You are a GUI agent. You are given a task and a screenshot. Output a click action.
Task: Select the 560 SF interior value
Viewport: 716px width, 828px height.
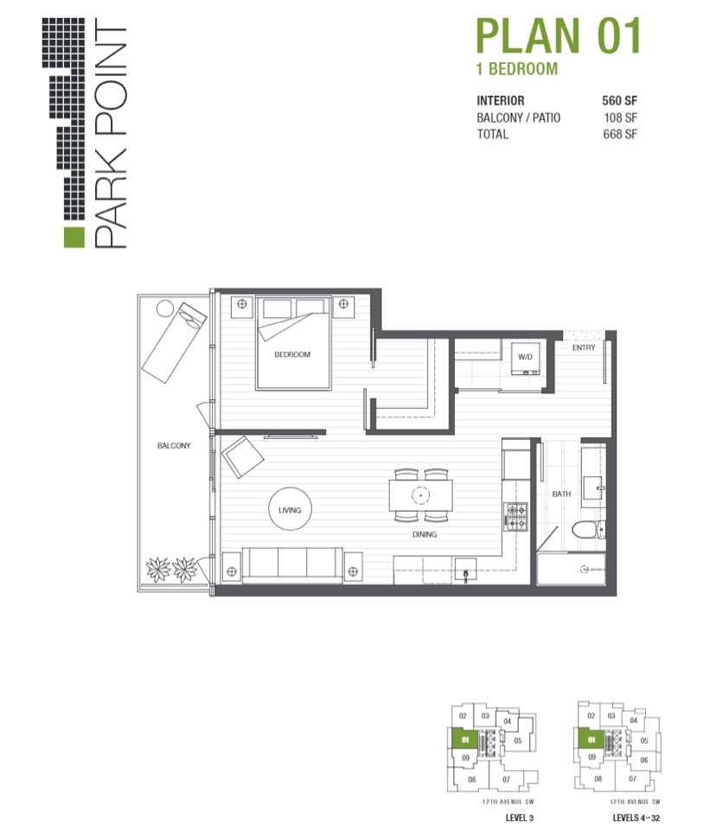click(620, 100)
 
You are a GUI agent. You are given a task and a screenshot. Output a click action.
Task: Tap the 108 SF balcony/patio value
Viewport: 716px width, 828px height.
click(620, 118)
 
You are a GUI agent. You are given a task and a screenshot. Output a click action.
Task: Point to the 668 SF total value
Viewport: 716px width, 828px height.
click(620, 135)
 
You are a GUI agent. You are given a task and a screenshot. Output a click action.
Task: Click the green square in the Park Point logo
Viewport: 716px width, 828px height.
click(74, 238)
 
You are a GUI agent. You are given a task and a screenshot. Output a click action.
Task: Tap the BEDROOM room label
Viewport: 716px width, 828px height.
click(292, 354)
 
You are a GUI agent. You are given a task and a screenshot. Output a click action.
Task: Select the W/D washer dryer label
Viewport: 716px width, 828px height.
click(525, 356)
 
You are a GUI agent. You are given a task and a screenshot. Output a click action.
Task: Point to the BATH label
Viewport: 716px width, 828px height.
click(561, 494)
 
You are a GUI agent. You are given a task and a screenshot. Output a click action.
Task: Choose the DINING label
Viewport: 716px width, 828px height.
click(424, 534)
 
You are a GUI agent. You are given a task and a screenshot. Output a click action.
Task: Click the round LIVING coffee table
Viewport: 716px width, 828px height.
click(290, 510)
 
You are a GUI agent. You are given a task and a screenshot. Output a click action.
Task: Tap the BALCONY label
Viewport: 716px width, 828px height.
click(174, 446)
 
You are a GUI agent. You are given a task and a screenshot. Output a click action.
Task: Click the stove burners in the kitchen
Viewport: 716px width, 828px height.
click(515, 516)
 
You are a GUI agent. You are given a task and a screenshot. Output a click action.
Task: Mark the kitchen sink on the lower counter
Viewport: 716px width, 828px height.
click(466, 571)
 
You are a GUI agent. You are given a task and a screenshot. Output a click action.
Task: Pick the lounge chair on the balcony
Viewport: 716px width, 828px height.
click(175, 340)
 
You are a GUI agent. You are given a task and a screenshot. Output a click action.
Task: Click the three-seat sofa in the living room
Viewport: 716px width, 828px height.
click(291, 565)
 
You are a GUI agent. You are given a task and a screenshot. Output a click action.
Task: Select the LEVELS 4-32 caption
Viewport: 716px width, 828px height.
click(619, 817)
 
